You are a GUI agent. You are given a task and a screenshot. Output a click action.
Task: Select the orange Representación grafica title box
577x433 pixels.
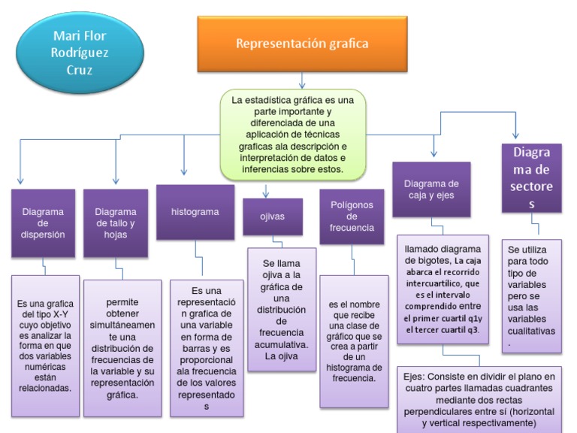coord(302,44)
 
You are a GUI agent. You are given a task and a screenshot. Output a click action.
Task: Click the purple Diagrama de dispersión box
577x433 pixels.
coord(43,223)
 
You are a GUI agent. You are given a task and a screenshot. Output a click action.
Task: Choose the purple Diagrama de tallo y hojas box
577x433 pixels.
coord(116,223)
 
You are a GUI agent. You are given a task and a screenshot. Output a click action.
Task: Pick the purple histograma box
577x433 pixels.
coord(195,213)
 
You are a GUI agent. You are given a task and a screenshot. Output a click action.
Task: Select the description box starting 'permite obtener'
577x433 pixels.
coord(122,348)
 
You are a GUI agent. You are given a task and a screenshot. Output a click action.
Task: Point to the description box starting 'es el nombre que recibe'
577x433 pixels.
coord(352,341)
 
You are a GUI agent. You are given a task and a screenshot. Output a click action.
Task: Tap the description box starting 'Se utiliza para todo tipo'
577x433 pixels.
coord(532,295)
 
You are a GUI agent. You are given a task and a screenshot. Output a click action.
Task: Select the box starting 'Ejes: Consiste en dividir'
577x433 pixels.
coord(478,398)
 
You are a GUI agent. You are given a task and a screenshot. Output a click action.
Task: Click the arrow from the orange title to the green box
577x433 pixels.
coord(302,79)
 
